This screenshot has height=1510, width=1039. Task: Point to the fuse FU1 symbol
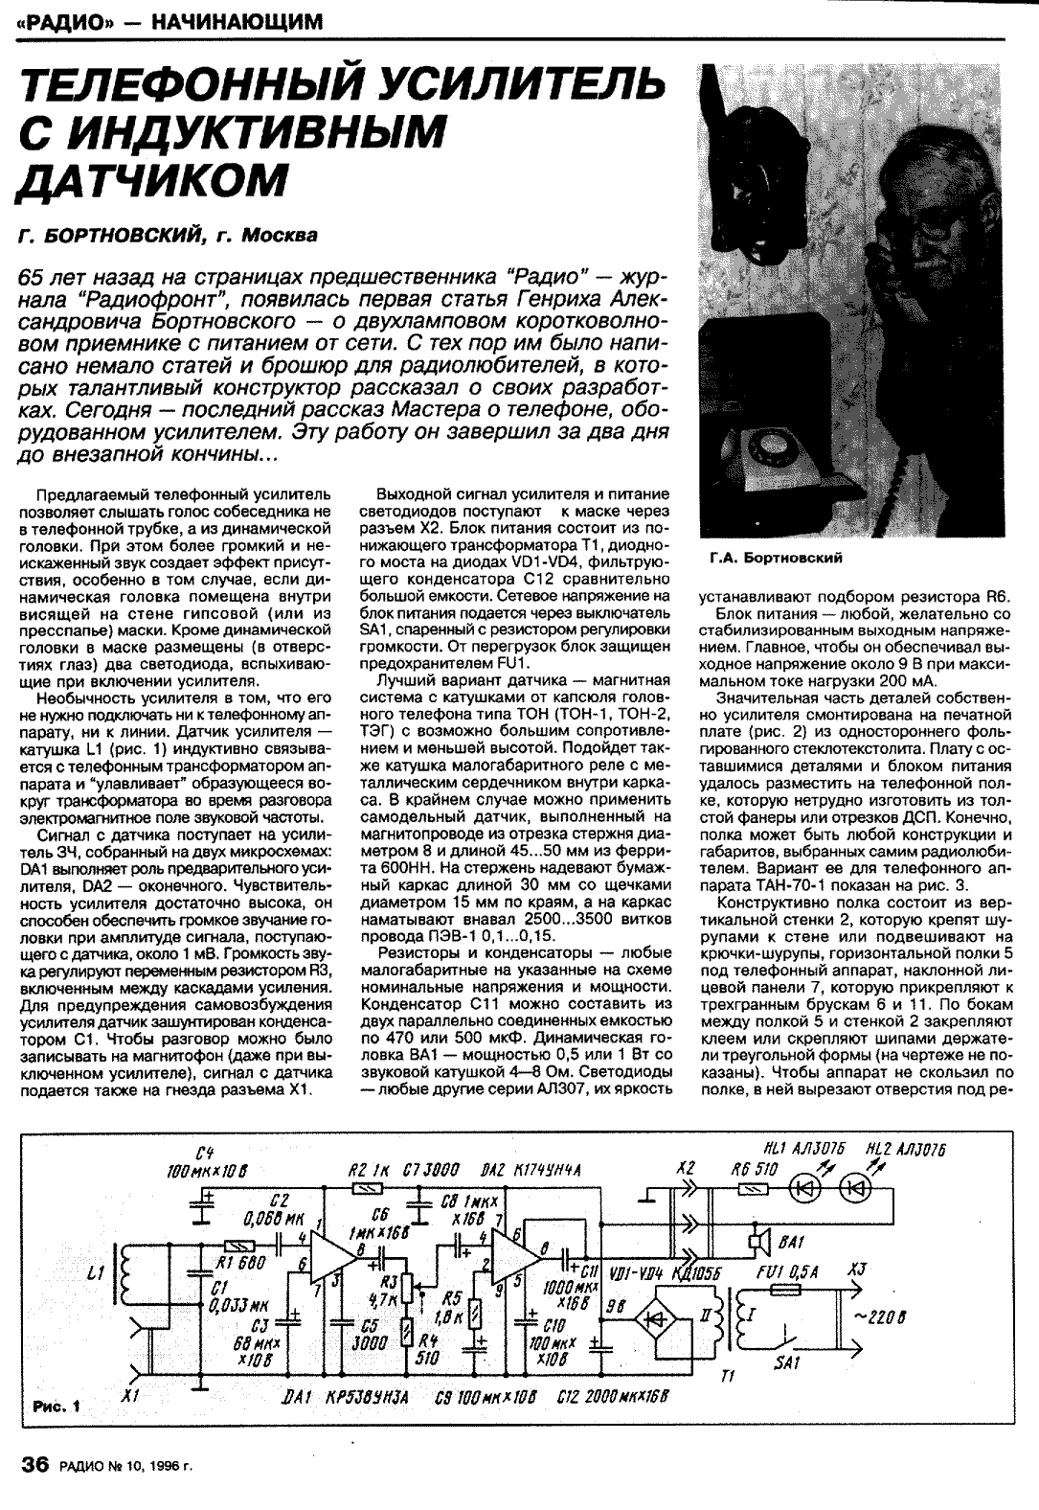pos(785,1291)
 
